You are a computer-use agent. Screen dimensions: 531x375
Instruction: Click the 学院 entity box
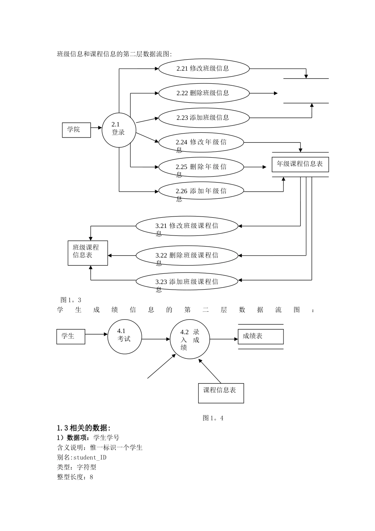tap(76, 130)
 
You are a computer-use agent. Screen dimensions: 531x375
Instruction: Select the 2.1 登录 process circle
tap(119, 130)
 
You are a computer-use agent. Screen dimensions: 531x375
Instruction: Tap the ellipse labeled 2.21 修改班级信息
tap(204, 69)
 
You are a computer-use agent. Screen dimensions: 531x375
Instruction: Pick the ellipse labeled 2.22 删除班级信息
tap(204, 93)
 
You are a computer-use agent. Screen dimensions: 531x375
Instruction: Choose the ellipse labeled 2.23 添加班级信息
tap(204, 118)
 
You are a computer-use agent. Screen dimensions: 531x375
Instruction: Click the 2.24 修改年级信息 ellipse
tap(201, 143)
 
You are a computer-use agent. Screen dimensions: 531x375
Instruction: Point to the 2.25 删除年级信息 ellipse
tap(201, 167)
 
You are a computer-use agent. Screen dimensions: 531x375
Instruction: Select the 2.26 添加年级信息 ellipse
tap(201, 191)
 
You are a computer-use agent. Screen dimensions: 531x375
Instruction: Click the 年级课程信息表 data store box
tap(300, 164)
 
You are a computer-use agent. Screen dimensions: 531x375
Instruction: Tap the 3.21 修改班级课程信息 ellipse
tap(187, 226)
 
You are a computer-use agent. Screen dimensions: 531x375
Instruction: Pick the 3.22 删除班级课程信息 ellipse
tap(187, 256)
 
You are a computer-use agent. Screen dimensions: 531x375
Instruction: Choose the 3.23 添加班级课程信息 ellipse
tap(187, 282)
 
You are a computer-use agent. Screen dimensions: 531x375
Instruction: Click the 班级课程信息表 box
tap(88, 253)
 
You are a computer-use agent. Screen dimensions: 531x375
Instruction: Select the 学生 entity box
tap(71, 336)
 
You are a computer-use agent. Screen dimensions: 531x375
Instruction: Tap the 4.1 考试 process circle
tap(124, 337)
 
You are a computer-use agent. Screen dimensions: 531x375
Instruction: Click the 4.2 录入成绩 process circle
tap(190, 339)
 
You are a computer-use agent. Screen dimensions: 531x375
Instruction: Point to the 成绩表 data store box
tap(261, 337)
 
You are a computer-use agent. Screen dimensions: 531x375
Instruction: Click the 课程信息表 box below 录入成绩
tap(221, 393)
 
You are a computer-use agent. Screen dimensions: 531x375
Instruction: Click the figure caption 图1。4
tap(213, 418)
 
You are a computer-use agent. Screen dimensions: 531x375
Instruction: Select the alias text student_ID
tap(90, 458)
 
